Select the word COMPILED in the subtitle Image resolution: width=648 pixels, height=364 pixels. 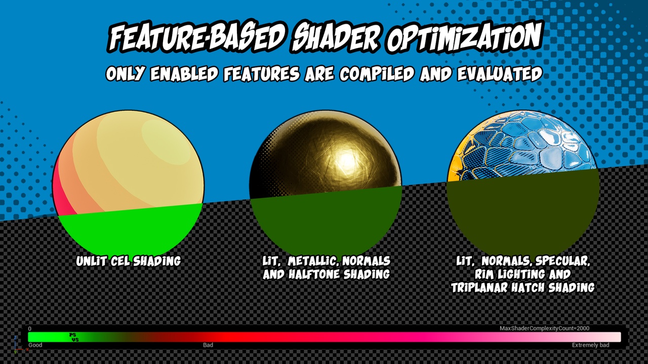pyautogui.click(x=377, y=74)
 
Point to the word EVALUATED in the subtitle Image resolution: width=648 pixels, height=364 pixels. pyautogui.click(x=500, y=74)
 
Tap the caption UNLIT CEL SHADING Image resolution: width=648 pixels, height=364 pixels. pyautogui.click(x=128, y=261)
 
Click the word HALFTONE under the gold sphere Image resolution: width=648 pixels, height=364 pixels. pyautogui.click(x=314, y=274)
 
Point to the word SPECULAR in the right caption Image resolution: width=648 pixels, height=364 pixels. pyautogui.click(x=562, y=261)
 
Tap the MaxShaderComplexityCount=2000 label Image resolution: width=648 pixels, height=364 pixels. pyautogui.click(x=544, y=328)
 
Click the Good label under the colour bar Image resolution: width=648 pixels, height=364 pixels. pyautogui.click(x=35, y=345)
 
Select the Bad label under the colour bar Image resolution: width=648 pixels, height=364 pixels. pyautogui.click(x=208, y=345)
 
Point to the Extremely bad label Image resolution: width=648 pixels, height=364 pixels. pyautogui.click(x=590, y=345)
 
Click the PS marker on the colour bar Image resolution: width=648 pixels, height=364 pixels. pyautogui.click(x=72, y=335)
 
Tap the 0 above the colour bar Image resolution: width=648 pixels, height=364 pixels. pyautogui.click(x=30, y=329)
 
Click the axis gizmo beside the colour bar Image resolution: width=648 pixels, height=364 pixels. pyautogui.click(x=18, y=345)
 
